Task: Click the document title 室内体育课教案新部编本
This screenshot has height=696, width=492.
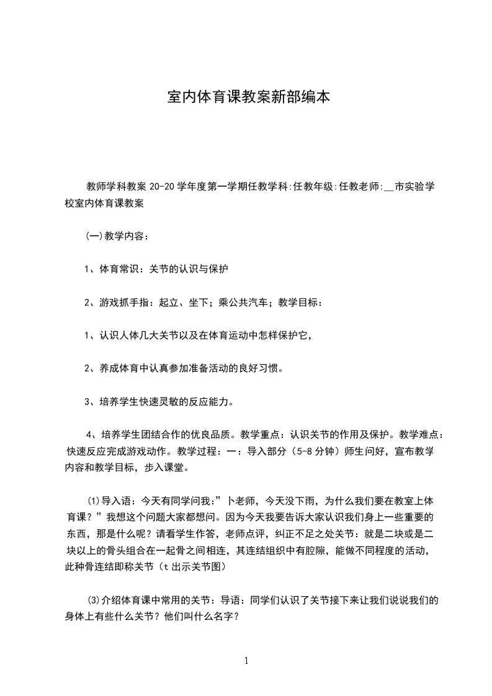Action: point(249,97)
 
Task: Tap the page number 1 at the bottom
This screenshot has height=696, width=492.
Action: point(247,661)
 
